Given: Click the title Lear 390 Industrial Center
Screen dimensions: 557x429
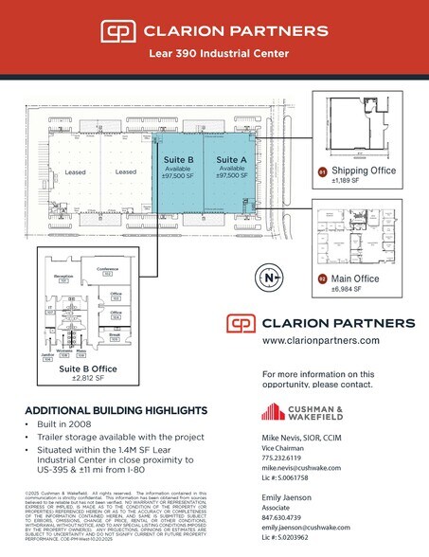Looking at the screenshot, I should pyautogui.click(x=213, y=54).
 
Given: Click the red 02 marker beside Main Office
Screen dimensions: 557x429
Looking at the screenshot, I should pyautogui.click(x=321, y=278).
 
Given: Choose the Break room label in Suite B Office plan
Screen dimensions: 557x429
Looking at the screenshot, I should pyautogui.click(x=114, y=334).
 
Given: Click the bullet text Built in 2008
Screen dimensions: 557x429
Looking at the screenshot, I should pyautogui.click(x=64, y=429).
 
